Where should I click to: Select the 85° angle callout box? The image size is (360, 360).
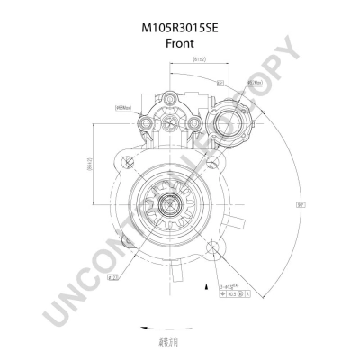[220, 82]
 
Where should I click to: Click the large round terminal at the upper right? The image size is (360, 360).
[222, 123]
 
